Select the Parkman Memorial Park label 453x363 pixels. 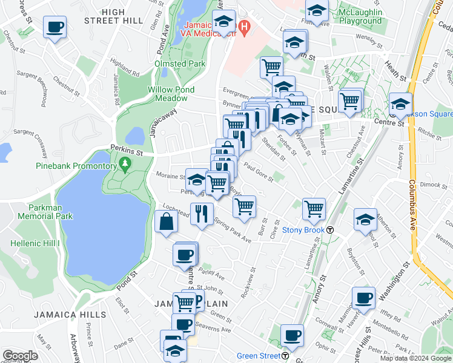(x=45, y=211)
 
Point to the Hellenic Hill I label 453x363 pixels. (x=36, y=243)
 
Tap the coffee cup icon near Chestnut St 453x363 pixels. (x=55, y=27)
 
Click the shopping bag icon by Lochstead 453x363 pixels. (x=167, y=221)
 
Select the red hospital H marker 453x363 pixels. (x=244, y=27)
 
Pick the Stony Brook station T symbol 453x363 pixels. (x=331, y=230)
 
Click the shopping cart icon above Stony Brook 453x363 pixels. (x=314, y=209)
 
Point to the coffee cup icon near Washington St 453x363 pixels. (x=364, y=298)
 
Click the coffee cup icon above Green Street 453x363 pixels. (x=292, y=335)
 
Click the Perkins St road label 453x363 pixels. (x=109, y=147)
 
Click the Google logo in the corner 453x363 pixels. (x=20, y=355)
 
